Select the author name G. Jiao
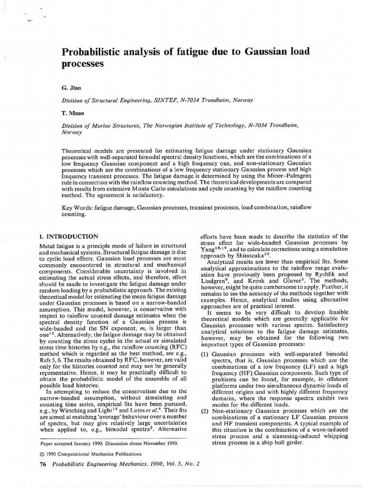71,89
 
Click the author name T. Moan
73,113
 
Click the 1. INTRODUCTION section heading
68,236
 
